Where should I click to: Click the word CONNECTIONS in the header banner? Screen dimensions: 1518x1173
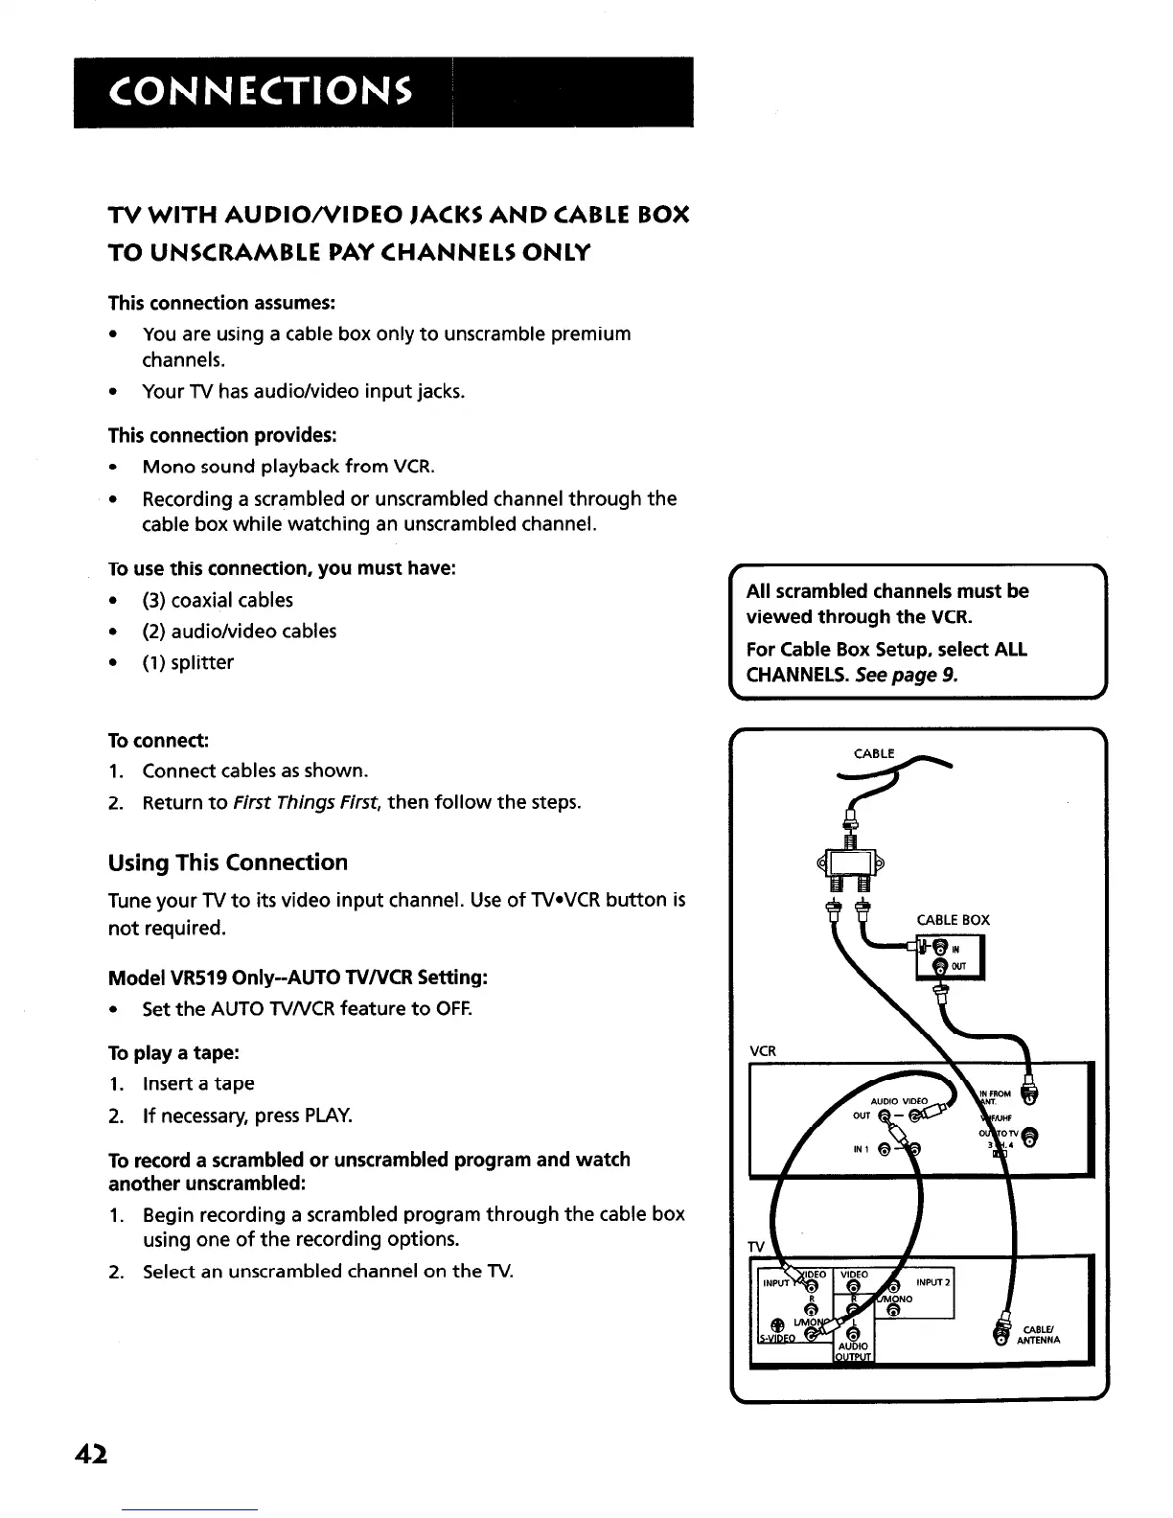pos(262,93)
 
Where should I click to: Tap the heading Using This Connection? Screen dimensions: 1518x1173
pos(228,862)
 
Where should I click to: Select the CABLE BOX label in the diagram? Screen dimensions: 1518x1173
pos(953,920)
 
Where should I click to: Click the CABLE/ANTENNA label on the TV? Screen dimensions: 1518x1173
pos(1039,1335)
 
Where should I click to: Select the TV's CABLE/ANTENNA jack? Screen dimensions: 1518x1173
pos(1001,1336)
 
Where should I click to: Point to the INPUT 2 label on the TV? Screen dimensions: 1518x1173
pos(931,1282)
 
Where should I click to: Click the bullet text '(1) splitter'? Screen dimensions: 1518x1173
pos(188,663)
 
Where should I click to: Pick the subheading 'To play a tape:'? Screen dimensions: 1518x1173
pos(173,1052)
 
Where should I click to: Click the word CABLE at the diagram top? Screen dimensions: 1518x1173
pos(872,753)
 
